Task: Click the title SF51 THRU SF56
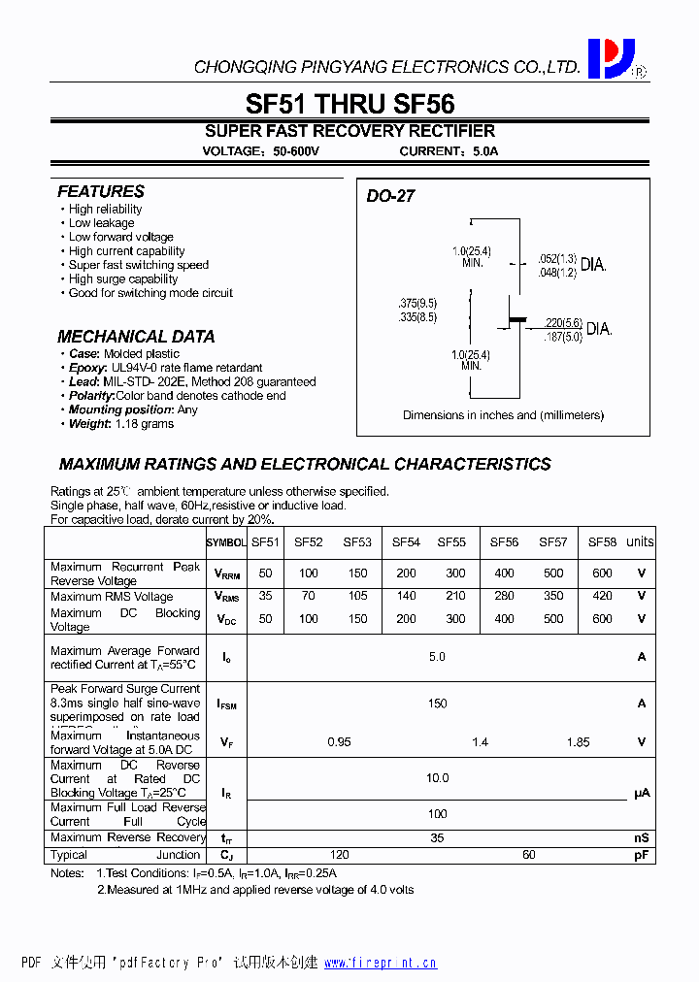click(x=349, y=103)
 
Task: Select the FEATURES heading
click(x=100, y=192)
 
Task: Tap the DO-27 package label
click(x=390, y=196)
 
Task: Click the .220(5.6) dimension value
click(x=562, y=323)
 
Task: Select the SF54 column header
click(x=406, y=542)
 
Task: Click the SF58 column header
click(x=602, y=542)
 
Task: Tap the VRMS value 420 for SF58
click(x=602, y=597)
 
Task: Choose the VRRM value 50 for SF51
click(x=265, y=573)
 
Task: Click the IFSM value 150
click(x=437, y=704)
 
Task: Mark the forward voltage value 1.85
click(x=578, y=742)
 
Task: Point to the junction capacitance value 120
click(x=339, y=856)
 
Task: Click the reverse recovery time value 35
click(x=437, y=837)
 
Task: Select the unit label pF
click(x=641, y=856)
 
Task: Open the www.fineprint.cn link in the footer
click(x=380, y=963)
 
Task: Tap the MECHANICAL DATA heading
click(x=136, y=337)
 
